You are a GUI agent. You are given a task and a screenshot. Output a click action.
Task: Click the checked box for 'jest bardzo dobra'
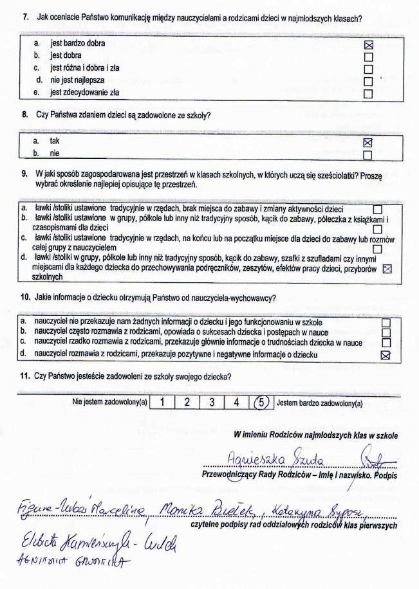pos(369,45)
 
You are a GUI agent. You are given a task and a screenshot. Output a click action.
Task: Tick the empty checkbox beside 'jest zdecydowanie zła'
pos(369,94)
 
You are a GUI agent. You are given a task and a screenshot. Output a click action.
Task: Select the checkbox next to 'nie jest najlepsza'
pos(369,82)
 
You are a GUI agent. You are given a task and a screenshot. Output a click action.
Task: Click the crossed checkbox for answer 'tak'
pos(369,142)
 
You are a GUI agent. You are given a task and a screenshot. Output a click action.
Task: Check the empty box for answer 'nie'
pos(368,155)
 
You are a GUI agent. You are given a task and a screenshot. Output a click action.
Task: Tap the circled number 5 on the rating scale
pos(261,403)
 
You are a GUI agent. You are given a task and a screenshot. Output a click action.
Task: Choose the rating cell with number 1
pos(164,403)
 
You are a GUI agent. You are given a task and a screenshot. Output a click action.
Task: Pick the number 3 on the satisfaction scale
pos(211,403)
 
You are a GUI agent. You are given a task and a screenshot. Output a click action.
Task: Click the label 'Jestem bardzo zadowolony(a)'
pos(319,404)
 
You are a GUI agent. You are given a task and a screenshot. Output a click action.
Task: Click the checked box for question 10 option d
pos(386,355)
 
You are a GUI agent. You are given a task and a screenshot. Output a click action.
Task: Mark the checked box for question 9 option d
pos(387,269)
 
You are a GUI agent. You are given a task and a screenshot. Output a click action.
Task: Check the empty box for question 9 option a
pos(378,210)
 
